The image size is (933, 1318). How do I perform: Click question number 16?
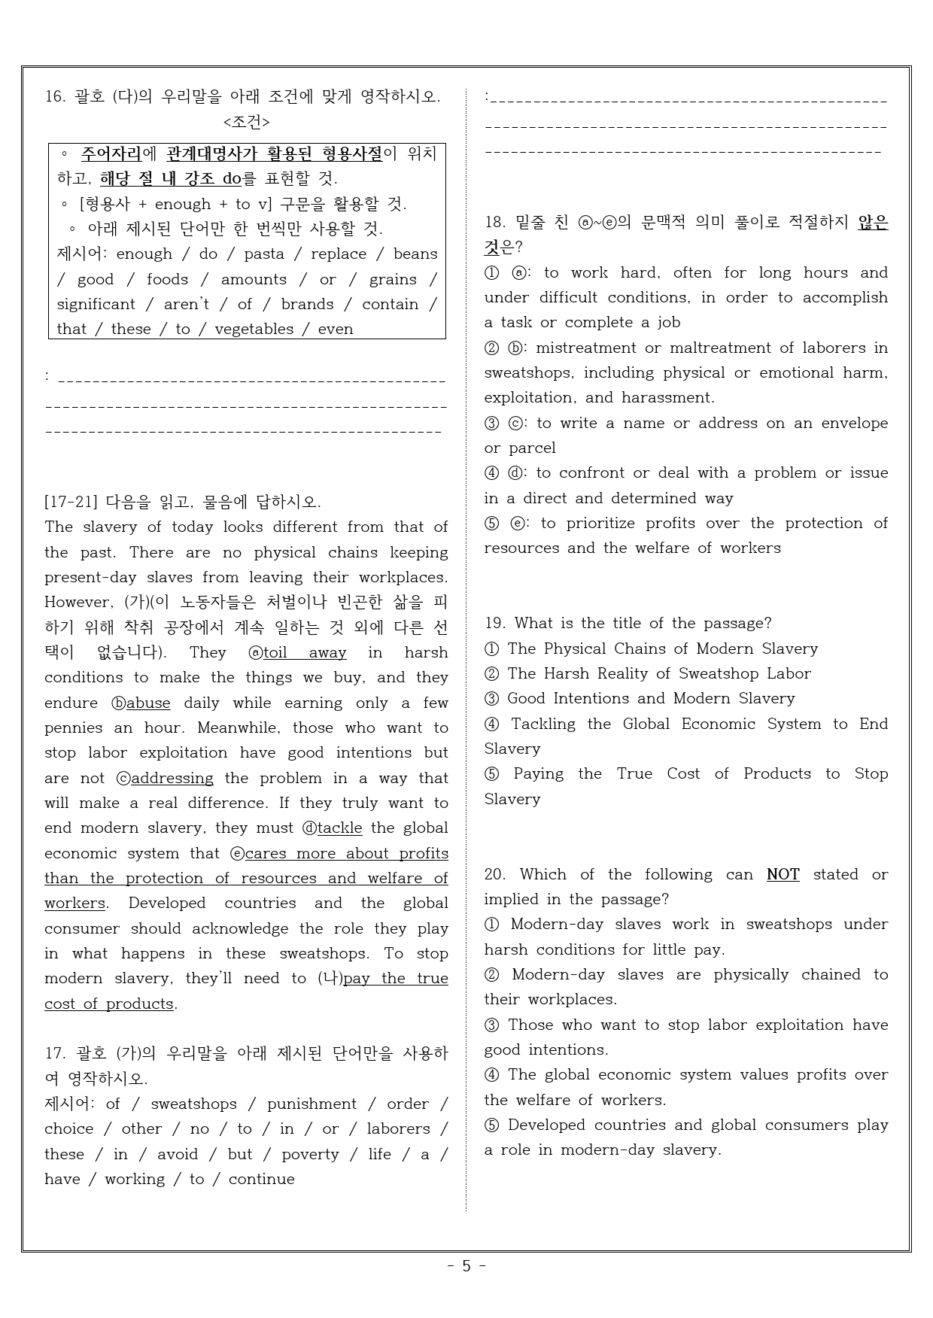pyautogui.click(x=55, y=97)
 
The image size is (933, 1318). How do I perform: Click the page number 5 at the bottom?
pyautogui.click(x=466, y=1265)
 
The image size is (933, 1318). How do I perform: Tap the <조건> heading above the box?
pyautogui.click(x=246, y=122)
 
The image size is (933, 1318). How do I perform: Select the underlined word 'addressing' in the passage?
pyautogui.click(x=172, y=779)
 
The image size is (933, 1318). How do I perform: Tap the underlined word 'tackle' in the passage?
pyautogui.click(x=339, y=828)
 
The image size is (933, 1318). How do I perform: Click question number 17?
pyautogui.click(x=55, y=1054)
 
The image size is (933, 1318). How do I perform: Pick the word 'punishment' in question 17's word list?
pyautogui.click(x=312, y=1104)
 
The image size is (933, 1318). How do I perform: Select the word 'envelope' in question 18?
pyautogui.click(x=854, y=424)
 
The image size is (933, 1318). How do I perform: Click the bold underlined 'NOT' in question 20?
pyautogui.click(x=783, y=875)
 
